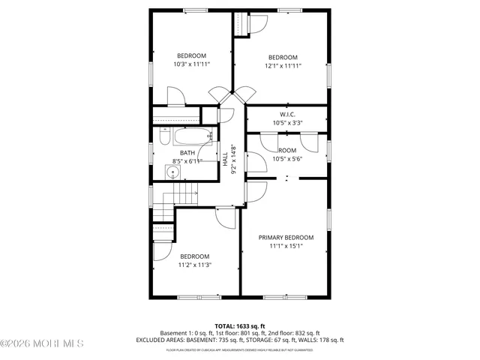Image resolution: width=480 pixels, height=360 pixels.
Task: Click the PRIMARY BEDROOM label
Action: click(x=285, y=237)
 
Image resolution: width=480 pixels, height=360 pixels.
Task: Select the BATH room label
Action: click(x=187, y=152)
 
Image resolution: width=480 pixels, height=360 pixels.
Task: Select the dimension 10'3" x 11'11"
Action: click(x=191, y=64)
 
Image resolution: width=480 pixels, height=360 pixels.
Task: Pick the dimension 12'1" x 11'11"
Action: click(x=283, y=66)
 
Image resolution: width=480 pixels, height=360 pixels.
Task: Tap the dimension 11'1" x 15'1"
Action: click(x=285, y=245)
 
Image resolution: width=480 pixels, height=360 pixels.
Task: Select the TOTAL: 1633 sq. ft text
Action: click(x=240, y=326)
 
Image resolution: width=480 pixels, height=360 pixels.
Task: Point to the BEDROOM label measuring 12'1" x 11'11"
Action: click(x=283, y=58)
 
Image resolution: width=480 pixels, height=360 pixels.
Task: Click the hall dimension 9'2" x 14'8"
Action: click(x=234, y=159)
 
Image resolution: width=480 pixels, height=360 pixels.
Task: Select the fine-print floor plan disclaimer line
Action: click(x=240, y=349)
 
